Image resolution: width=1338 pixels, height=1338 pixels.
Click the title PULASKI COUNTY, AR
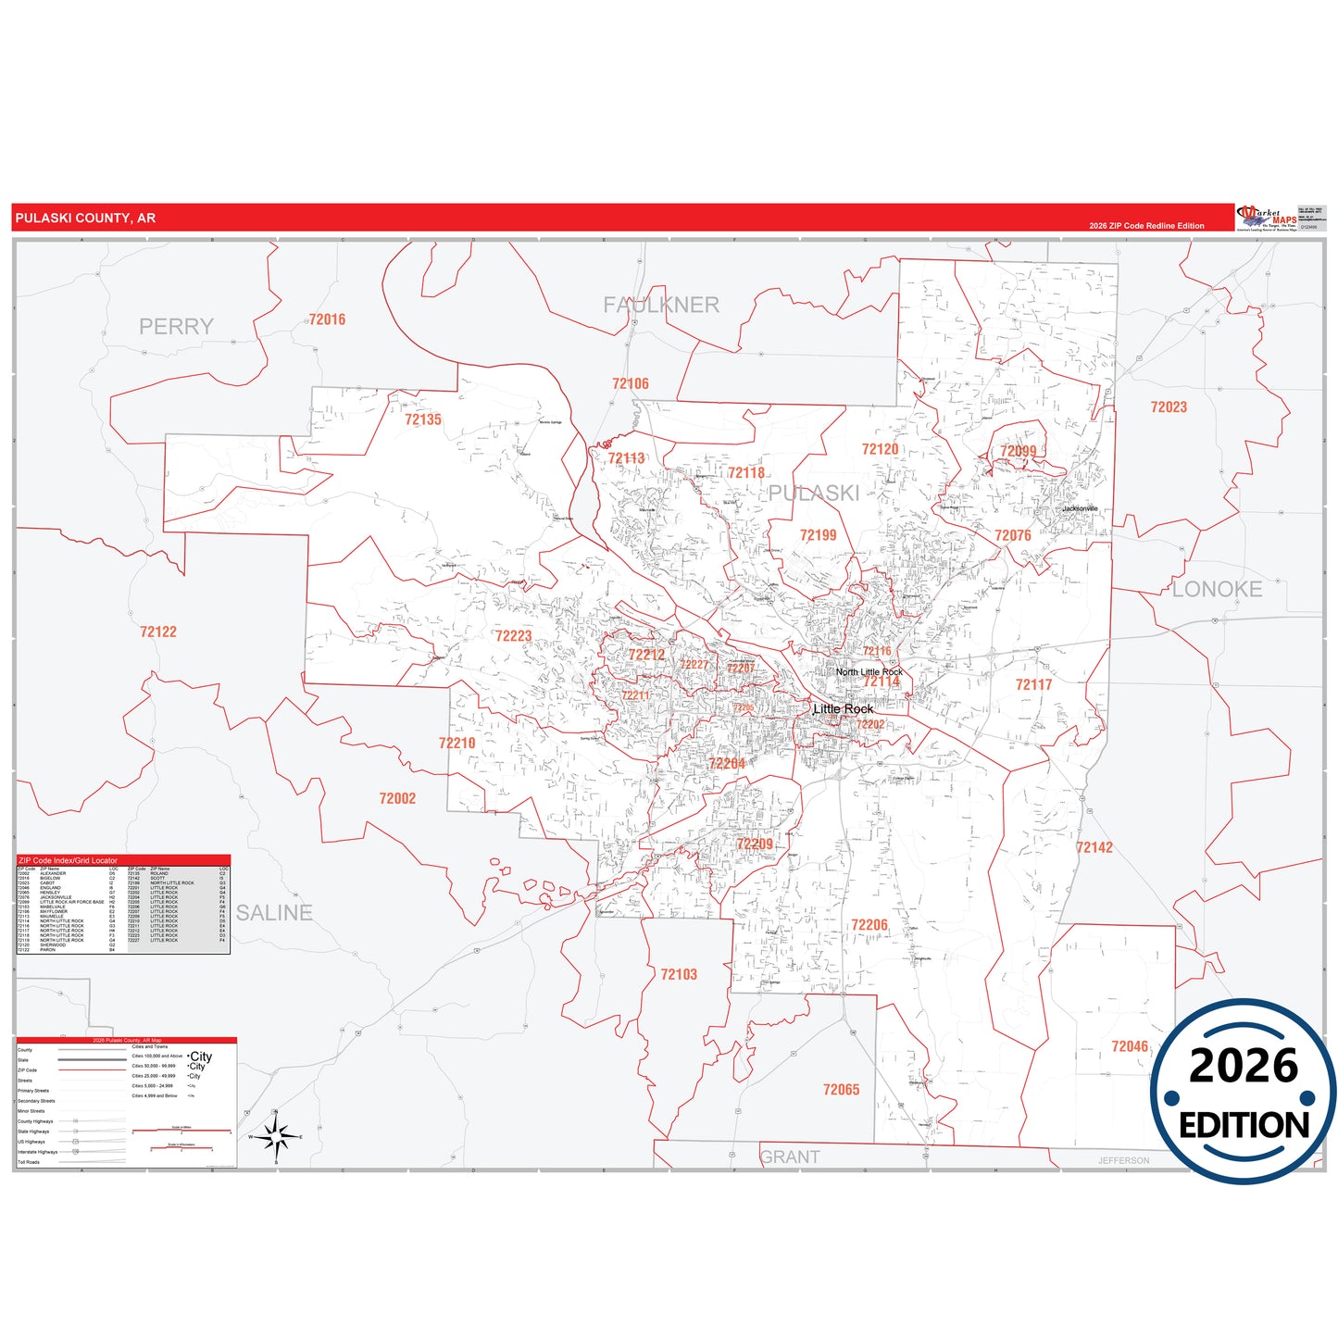tap(85, 219)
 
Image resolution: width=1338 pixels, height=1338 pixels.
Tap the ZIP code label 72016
tap(327, 319)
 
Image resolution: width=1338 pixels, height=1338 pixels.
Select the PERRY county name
tap(176, 327)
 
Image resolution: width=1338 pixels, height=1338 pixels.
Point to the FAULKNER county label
tap(661, 305)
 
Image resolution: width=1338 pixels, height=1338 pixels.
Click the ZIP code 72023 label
tap(1169, 407)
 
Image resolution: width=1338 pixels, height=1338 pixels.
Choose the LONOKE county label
tap(1217, 589)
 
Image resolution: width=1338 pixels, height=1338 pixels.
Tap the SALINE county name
tap(274, 913)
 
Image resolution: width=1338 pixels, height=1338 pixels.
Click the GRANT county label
tap(790, 1157)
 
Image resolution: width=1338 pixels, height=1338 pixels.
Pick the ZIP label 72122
tap(158, 631)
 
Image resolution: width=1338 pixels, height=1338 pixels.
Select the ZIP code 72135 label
tap(423, 419)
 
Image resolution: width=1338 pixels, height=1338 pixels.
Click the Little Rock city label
tap(843, 709)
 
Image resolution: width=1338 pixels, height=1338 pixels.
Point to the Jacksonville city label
tap(1080, 508)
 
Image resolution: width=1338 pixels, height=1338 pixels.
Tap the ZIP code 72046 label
tap(1130, 1046)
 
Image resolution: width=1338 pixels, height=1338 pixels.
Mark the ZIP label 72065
tap(842, 1090)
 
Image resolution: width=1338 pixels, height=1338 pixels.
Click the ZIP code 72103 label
tap(679, 974)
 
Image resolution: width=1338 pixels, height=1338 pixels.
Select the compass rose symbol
tap(276, 1136)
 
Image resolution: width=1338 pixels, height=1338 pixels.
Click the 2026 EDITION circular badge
tap(1244, 1091)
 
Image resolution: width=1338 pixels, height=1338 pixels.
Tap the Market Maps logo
tap(1267, 219)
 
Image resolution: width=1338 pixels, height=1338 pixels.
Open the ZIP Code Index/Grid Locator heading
tap(69, 860)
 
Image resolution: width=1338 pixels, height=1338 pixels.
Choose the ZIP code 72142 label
tap(1094, 847)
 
